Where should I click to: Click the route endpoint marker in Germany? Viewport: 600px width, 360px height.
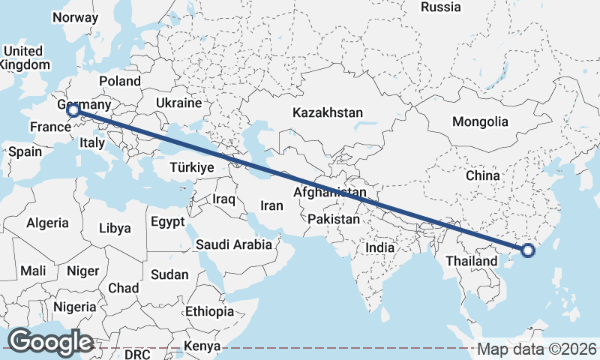pyautogui.click(x=73, y=111)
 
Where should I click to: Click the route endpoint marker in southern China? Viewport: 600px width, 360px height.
pyautogui.click(x=527, y=250)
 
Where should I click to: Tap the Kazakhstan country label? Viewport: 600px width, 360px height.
pyautogui.click(x=328, y=112)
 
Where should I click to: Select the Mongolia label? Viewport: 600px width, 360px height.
pyautogui.click(x=480, y=121)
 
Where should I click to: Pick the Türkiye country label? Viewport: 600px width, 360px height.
pyautogui.click(x=193, y=167)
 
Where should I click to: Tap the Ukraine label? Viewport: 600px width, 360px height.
pyautogui.click(x=179, y=103)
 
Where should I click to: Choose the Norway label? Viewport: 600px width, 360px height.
pyautogui.click(x=75, y=17)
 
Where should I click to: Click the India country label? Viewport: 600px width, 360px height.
pyautogui.click(x=379, y=247)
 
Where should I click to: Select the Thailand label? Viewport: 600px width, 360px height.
pyautogui.click(x=471, y=261)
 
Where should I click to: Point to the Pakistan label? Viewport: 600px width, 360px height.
pyautogui.click(x=334, y=219)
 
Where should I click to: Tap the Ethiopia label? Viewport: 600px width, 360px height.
pyautogui.click(x=209, y=310)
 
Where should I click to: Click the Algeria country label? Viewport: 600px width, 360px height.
pyautogui.click(x=47, y=223)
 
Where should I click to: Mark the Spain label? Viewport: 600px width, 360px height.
pyautogui.click(x=25, y=151)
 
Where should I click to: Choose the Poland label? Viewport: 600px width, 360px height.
pyautogui.click(x=119, y=81)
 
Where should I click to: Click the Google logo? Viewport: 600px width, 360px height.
pyautogui.click(x=50, y=342)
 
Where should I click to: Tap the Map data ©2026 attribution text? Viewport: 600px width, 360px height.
pyautogui.click(x=536, y=349)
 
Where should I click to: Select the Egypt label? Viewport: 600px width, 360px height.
pyautogui.click(x=167, y=222)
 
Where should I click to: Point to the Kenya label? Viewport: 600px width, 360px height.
pyautogui.click(x=202, y=346)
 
